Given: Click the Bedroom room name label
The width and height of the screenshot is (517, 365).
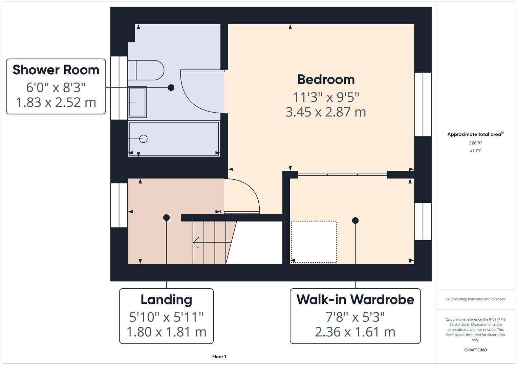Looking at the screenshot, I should pyautogui.click(x=326, y=80).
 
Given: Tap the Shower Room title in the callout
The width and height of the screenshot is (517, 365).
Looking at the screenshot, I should pyautogui.click(x=56, y=70).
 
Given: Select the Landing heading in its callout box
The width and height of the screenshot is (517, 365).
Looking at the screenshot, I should pyautogui.click(x=166, y=300).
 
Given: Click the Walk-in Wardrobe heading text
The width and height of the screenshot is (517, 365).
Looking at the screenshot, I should pyautogui.click(x=355, y=300).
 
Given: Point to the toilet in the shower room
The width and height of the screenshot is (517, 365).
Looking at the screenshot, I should pyautogui.click(x=146, y=70).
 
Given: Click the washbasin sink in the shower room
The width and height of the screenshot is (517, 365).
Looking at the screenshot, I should pyautogui.click(x=137, y=102).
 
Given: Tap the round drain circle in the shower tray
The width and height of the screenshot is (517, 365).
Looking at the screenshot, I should pyautogui.click(x=144, y=139).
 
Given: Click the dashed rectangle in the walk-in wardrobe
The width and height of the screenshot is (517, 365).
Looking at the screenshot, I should pyautogui.click(x=314, y=242).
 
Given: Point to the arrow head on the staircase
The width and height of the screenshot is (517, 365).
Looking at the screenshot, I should pyautogui.click(x=196, y=242).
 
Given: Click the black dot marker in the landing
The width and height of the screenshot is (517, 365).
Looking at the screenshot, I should pyautogui.click(x=166, y=218).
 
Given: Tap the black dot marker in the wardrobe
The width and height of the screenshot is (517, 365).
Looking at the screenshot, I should pyautogui.click(x=355, y=221).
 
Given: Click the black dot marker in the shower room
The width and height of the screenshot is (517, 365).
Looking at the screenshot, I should pyautogui.click(x=171, y=88).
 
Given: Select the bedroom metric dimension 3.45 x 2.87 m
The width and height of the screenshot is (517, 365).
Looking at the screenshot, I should pyautogui.click(x=326, y=112).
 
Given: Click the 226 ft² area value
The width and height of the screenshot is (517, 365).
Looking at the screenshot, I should pyautogui.click(x=475, y=143).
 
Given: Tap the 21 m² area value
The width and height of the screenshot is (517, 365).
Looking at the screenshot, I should pyautogui.click(x=475, y=150).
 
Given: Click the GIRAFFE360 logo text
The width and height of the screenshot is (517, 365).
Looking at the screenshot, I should pyautogui.click(x=475, y=350).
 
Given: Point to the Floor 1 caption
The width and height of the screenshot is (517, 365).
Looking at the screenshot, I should pyautogui.click(x=219, y=357).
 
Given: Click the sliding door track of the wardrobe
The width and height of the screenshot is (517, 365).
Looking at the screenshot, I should pyautogui.click(x=342, y=175).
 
